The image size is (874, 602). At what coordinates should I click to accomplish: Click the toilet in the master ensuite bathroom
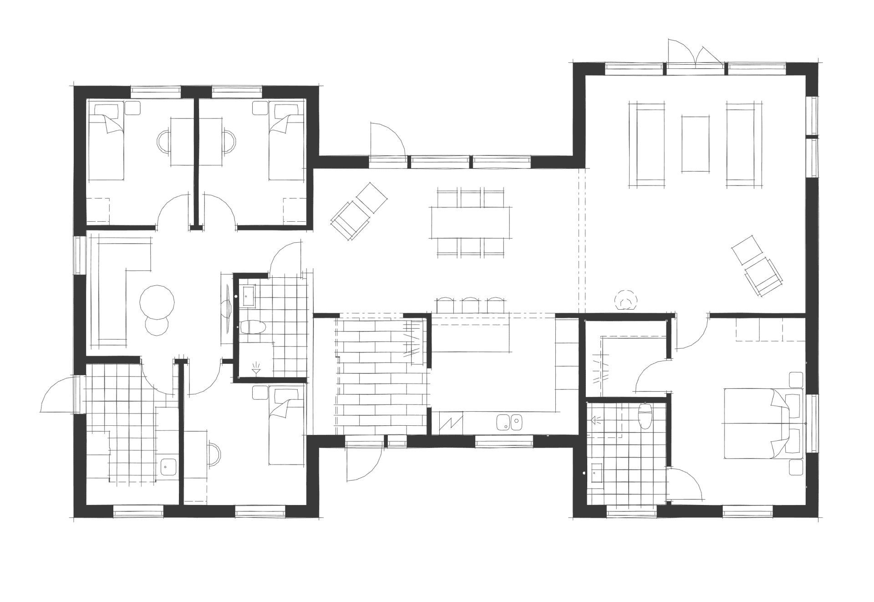(645, 415)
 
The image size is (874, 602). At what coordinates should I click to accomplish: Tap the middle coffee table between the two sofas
(695, 144)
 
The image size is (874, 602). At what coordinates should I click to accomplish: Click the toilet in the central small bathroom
(253, 327)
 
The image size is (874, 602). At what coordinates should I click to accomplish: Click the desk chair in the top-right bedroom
(229, 141)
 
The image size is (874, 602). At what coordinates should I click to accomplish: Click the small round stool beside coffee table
(157, 326)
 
